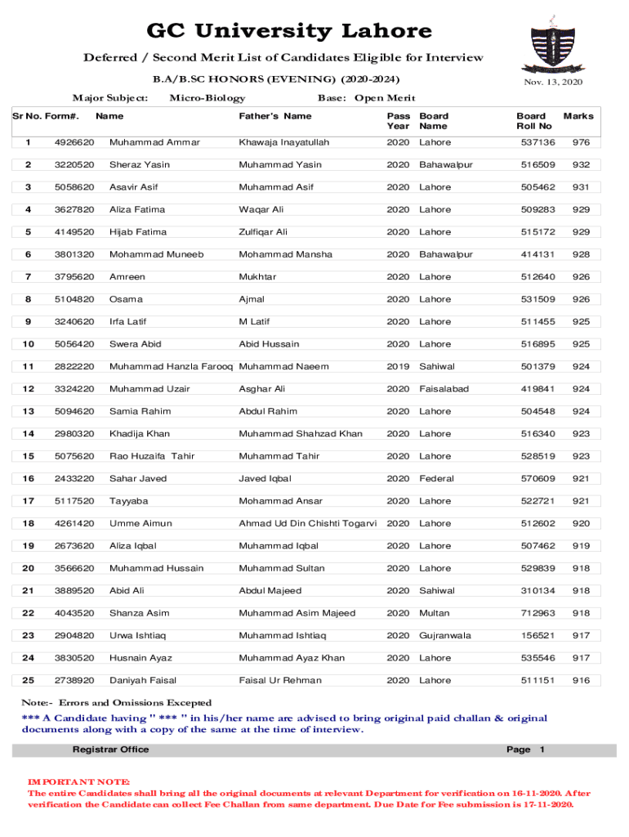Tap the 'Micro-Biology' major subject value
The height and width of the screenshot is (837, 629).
pos(207,98)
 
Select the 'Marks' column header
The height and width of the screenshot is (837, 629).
pos(578,116)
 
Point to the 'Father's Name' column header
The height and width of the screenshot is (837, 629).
pos(275,116)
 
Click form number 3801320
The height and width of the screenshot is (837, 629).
pos(74,254)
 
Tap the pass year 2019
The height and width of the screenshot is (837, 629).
pos(398,366)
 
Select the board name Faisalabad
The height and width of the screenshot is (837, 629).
pos(444,389)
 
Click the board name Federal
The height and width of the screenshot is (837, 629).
pos(437,478)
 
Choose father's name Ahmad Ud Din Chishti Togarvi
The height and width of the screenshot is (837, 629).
pos(307,523)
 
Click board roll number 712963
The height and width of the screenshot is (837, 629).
pos(538,613)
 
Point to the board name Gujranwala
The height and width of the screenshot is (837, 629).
pos(445,635)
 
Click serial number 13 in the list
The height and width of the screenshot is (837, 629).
pos(29,411)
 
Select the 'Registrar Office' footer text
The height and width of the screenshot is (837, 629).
pos(110,750)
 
